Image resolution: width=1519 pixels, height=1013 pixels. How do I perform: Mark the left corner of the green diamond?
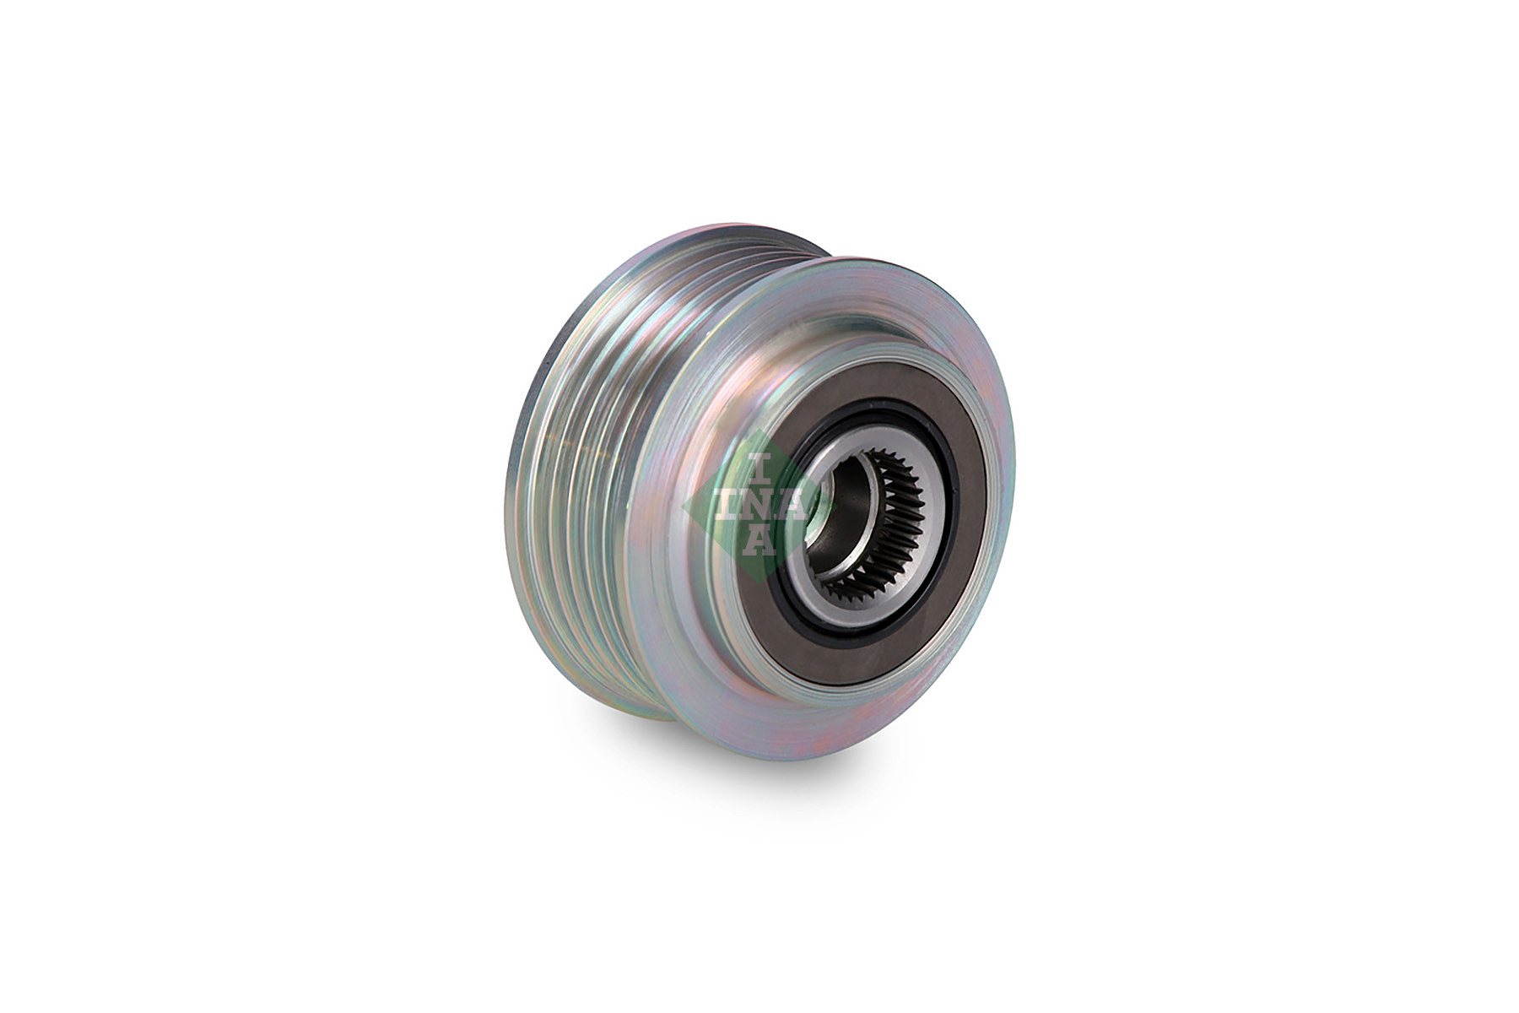pyautogui.click(x=684, y=506)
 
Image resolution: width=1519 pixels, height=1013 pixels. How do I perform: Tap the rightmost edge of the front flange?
pyautogui.click(x=1013, y=473)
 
